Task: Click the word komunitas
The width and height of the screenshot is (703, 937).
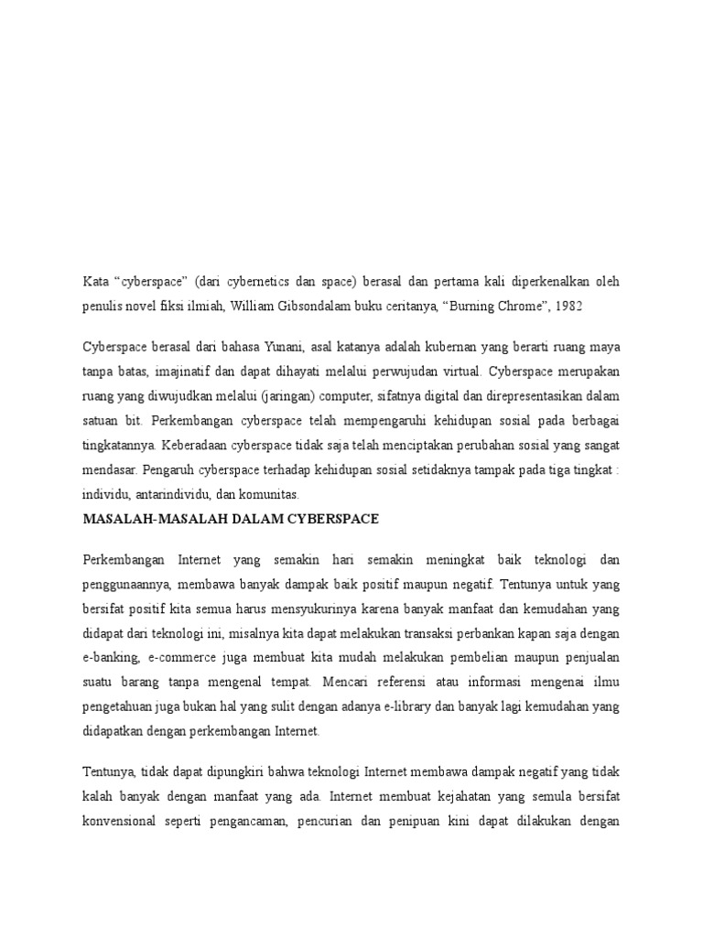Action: click(276, 494)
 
